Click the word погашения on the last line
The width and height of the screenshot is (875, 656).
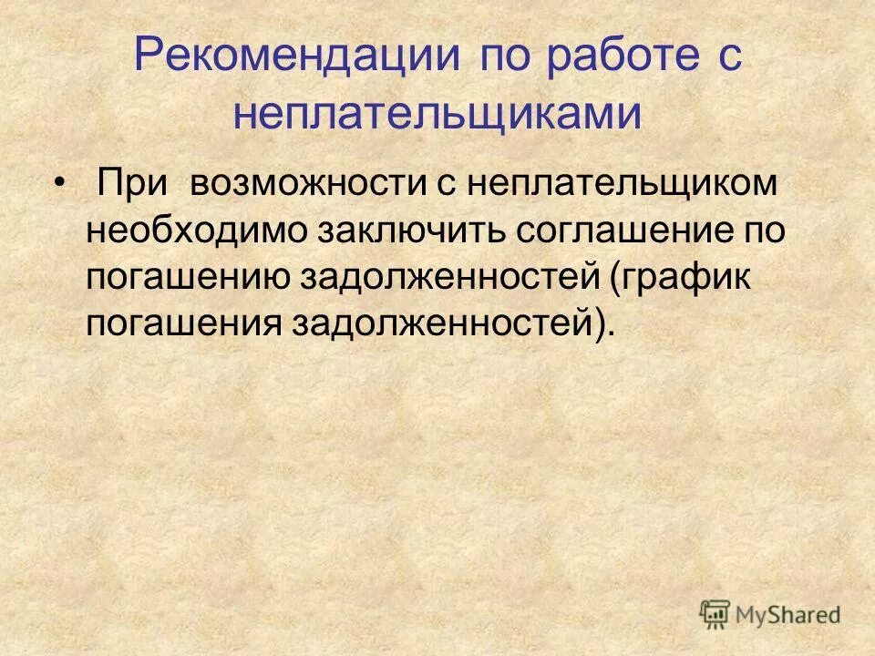click(x=183, y=323)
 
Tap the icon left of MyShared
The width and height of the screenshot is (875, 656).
click(x=715, y=614)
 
